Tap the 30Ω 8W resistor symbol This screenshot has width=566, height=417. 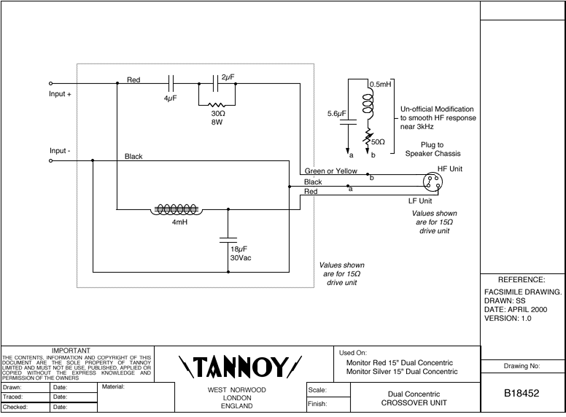pos(217,104)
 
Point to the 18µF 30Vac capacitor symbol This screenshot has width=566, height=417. pos(228,238)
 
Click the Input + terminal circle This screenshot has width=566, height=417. pos(50,84)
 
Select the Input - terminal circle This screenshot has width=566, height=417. pos(50,161)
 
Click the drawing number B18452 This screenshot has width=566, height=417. pos(522,394)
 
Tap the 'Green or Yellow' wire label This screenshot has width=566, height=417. pos(331,171)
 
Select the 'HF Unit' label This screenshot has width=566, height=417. pos(450,168)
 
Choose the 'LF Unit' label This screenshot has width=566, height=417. pos(420,200)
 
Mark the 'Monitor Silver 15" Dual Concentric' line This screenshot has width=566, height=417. pos(402,372)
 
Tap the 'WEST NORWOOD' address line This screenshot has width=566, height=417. pos(237,390)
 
